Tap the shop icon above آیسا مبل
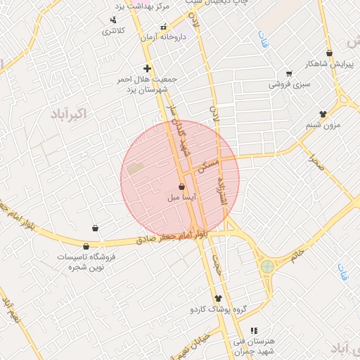click(182, 187)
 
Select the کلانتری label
click(113, 31)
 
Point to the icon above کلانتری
click(113, 20)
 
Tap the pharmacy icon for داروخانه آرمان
click(164, 27)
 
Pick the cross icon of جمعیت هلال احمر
click(147, 69)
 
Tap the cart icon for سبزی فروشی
click(288, 74)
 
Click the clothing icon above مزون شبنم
click(323, 114)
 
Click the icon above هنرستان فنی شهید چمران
click(254, 330)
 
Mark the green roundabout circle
click(267, 266)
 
